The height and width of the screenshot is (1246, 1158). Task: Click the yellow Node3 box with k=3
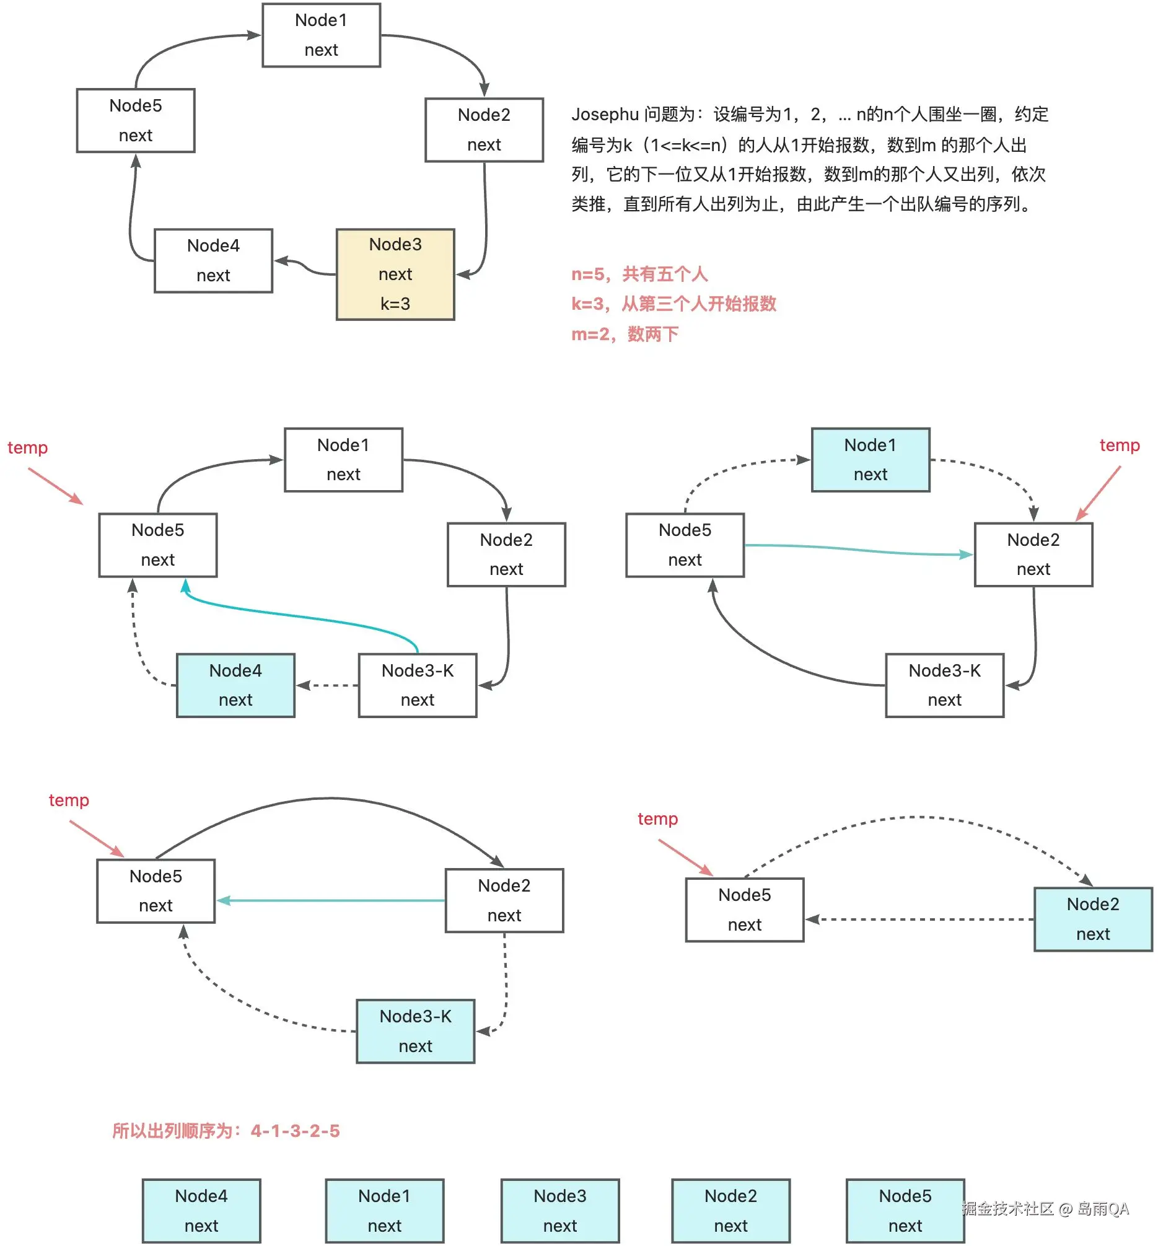[395, 274]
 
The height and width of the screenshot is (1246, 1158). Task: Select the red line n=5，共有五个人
[639, 274]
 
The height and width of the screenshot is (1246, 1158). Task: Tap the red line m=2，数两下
[624, 334]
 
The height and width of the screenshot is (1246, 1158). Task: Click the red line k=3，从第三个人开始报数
[673, 304]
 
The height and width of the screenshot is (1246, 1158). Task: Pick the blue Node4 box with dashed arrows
[235, 685]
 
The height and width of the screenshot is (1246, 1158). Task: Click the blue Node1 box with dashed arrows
[870, 459]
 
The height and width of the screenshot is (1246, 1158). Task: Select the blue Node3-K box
[415, 1031]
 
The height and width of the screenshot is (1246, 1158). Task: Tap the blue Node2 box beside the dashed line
[1092, 919]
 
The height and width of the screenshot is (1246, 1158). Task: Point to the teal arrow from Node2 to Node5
[332, 901]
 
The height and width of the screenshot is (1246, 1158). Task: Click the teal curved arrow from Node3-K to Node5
[300, 617]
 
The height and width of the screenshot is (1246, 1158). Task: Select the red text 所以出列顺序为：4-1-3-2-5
[226, 1131]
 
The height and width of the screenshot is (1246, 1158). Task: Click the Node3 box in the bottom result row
[559, 1210]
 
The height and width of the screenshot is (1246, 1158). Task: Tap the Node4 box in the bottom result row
[201, 1210]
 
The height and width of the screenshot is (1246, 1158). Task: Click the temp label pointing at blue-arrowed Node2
[1119, 445]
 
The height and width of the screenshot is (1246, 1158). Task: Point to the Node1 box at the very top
[321, 35]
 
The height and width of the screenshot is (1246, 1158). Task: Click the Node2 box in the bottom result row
[730, 1210]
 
